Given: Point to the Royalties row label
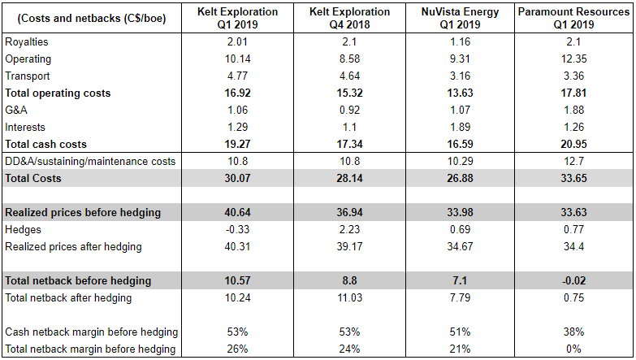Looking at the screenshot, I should pyautogui.click(x=26, y=42).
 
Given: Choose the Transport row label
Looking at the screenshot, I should pyautogui.click(x=28, y=76).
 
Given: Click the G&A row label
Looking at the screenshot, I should pyautogui.click(x=19, y=111).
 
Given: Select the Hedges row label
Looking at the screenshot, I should pyautogui.click(x=24, y=230).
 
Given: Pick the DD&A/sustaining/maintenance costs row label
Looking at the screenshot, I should pyautogui.click(x=90, y=161).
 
